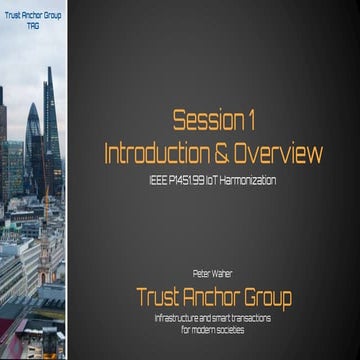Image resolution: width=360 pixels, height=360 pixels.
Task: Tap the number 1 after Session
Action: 250,122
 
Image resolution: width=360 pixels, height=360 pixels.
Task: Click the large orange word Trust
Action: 160,296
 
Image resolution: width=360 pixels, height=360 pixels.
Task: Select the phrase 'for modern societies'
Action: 214,328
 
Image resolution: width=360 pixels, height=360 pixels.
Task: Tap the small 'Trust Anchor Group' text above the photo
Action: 33,12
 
